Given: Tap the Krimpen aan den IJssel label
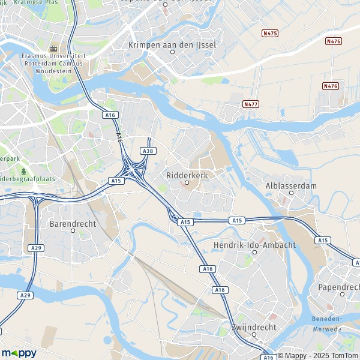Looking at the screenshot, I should pos(172,44).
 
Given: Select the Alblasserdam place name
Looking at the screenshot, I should pos(291,186).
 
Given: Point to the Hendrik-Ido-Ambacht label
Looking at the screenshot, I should pos(254,245).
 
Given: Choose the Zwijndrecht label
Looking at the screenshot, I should pos(254,328).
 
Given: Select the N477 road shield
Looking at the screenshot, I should pos(251,104).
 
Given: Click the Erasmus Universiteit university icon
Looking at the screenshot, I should pos(53,48).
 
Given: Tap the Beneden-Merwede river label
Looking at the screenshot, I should pos(326,324).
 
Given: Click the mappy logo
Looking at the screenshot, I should pos(19,353).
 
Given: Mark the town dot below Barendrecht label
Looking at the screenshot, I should pos(73,230).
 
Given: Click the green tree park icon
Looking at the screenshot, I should pos(23,171).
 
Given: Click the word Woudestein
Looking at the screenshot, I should pos(53,70).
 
